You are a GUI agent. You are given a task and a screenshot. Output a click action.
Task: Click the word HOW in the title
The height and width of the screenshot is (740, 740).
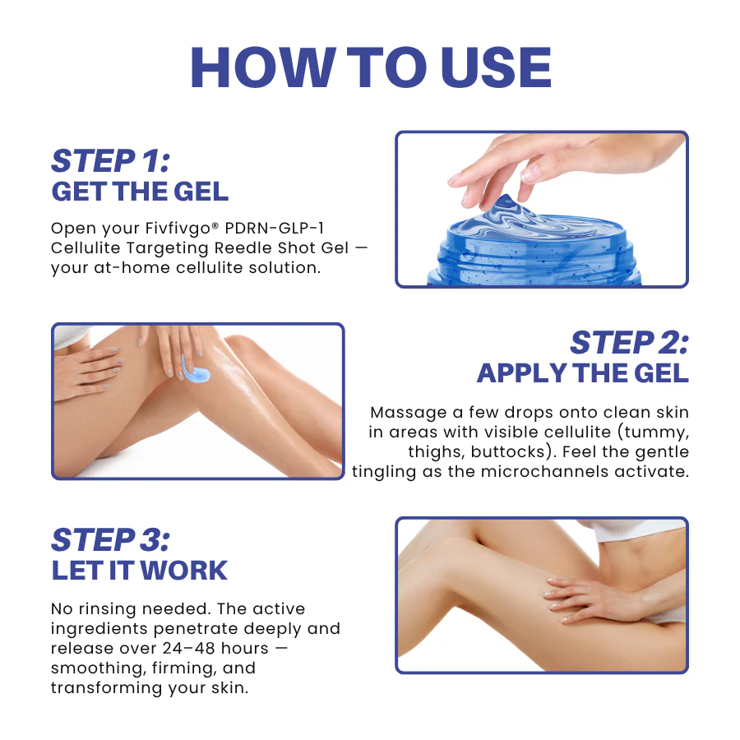[x=263, y=67]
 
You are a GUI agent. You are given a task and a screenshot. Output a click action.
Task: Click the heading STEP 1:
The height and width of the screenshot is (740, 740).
[x=110, y=161]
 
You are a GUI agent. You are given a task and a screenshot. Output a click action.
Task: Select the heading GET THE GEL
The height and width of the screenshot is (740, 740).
[x=140, y=192]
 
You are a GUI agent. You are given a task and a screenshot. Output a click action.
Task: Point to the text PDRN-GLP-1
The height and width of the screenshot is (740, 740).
[x=274, y=228]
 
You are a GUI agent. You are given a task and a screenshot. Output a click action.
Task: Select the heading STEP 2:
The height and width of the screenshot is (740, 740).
[x=630, y=343]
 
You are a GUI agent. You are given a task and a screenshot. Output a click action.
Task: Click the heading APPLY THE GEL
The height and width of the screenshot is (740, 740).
[x=583, y=373]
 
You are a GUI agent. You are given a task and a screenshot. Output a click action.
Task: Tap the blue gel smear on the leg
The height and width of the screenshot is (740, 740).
[x=196, y=370]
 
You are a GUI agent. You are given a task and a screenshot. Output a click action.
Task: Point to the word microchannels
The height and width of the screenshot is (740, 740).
[x=544, y=471]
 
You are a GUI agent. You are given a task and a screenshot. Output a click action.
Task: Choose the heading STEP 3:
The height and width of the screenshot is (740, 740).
[x=110, y=540]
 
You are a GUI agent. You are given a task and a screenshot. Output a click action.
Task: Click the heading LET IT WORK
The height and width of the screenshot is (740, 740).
[x=140, y=571]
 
